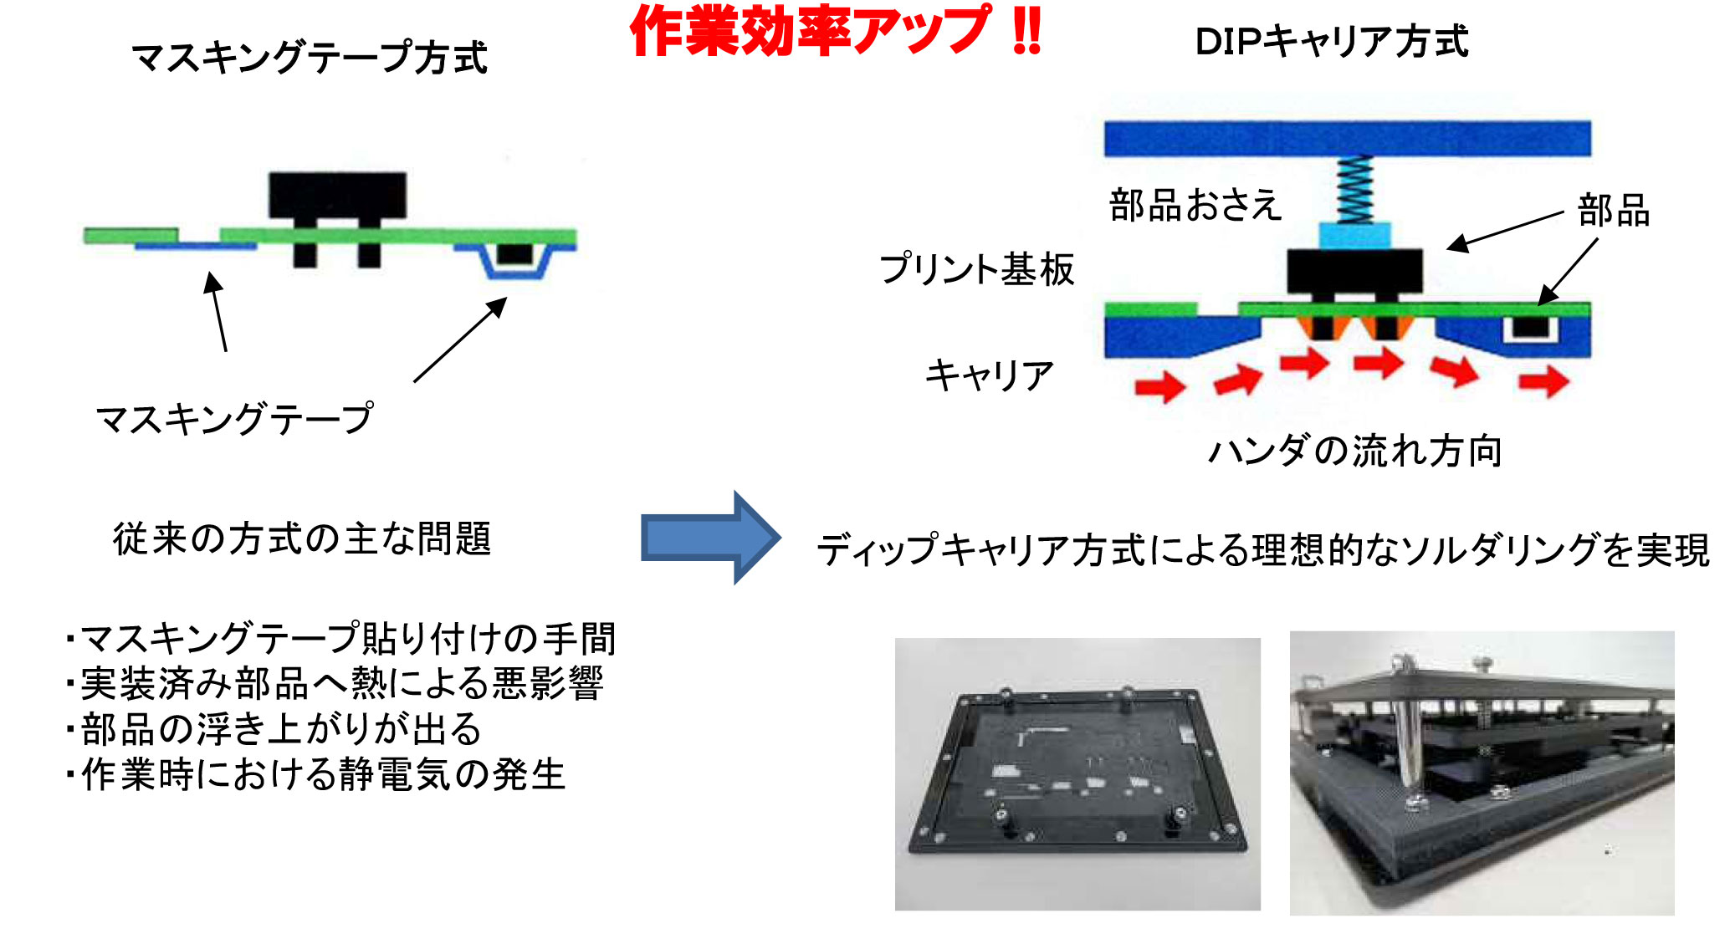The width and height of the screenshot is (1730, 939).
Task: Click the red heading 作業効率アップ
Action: (810, 31)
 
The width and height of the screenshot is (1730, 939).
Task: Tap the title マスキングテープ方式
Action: (310, 58)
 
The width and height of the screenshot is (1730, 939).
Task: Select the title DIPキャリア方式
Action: (1331, 41)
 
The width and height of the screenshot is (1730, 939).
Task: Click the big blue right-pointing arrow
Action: (711, 538)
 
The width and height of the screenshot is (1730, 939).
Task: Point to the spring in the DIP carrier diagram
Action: (1354, 190)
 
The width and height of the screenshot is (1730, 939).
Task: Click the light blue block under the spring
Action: (1355, 235)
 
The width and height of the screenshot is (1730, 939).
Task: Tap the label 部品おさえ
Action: (1195, 205)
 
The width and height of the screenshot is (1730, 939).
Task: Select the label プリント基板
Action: (976, 269)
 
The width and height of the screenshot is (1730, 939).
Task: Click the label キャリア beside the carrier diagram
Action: (989, 375)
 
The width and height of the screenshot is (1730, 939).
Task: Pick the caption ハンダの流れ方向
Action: (1355, 451)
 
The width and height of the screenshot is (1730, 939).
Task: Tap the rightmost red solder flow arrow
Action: (1544, 381)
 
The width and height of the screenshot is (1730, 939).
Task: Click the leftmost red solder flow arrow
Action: (1160, 386)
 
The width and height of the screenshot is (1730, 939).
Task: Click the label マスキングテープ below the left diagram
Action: (235, 418)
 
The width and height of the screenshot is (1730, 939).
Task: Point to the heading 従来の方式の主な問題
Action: (302, 538)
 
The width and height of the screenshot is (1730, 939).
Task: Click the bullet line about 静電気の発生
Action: (316, 774)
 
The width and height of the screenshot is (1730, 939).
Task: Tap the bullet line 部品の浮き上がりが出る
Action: (274, 729)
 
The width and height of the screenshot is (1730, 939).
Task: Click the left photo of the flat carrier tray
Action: (1077, 773)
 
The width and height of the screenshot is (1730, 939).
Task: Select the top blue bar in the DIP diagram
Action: (1348, 139)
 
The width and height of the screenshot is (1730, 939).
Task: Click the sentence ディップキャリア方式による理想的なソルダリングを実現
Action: (1263, 550)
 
